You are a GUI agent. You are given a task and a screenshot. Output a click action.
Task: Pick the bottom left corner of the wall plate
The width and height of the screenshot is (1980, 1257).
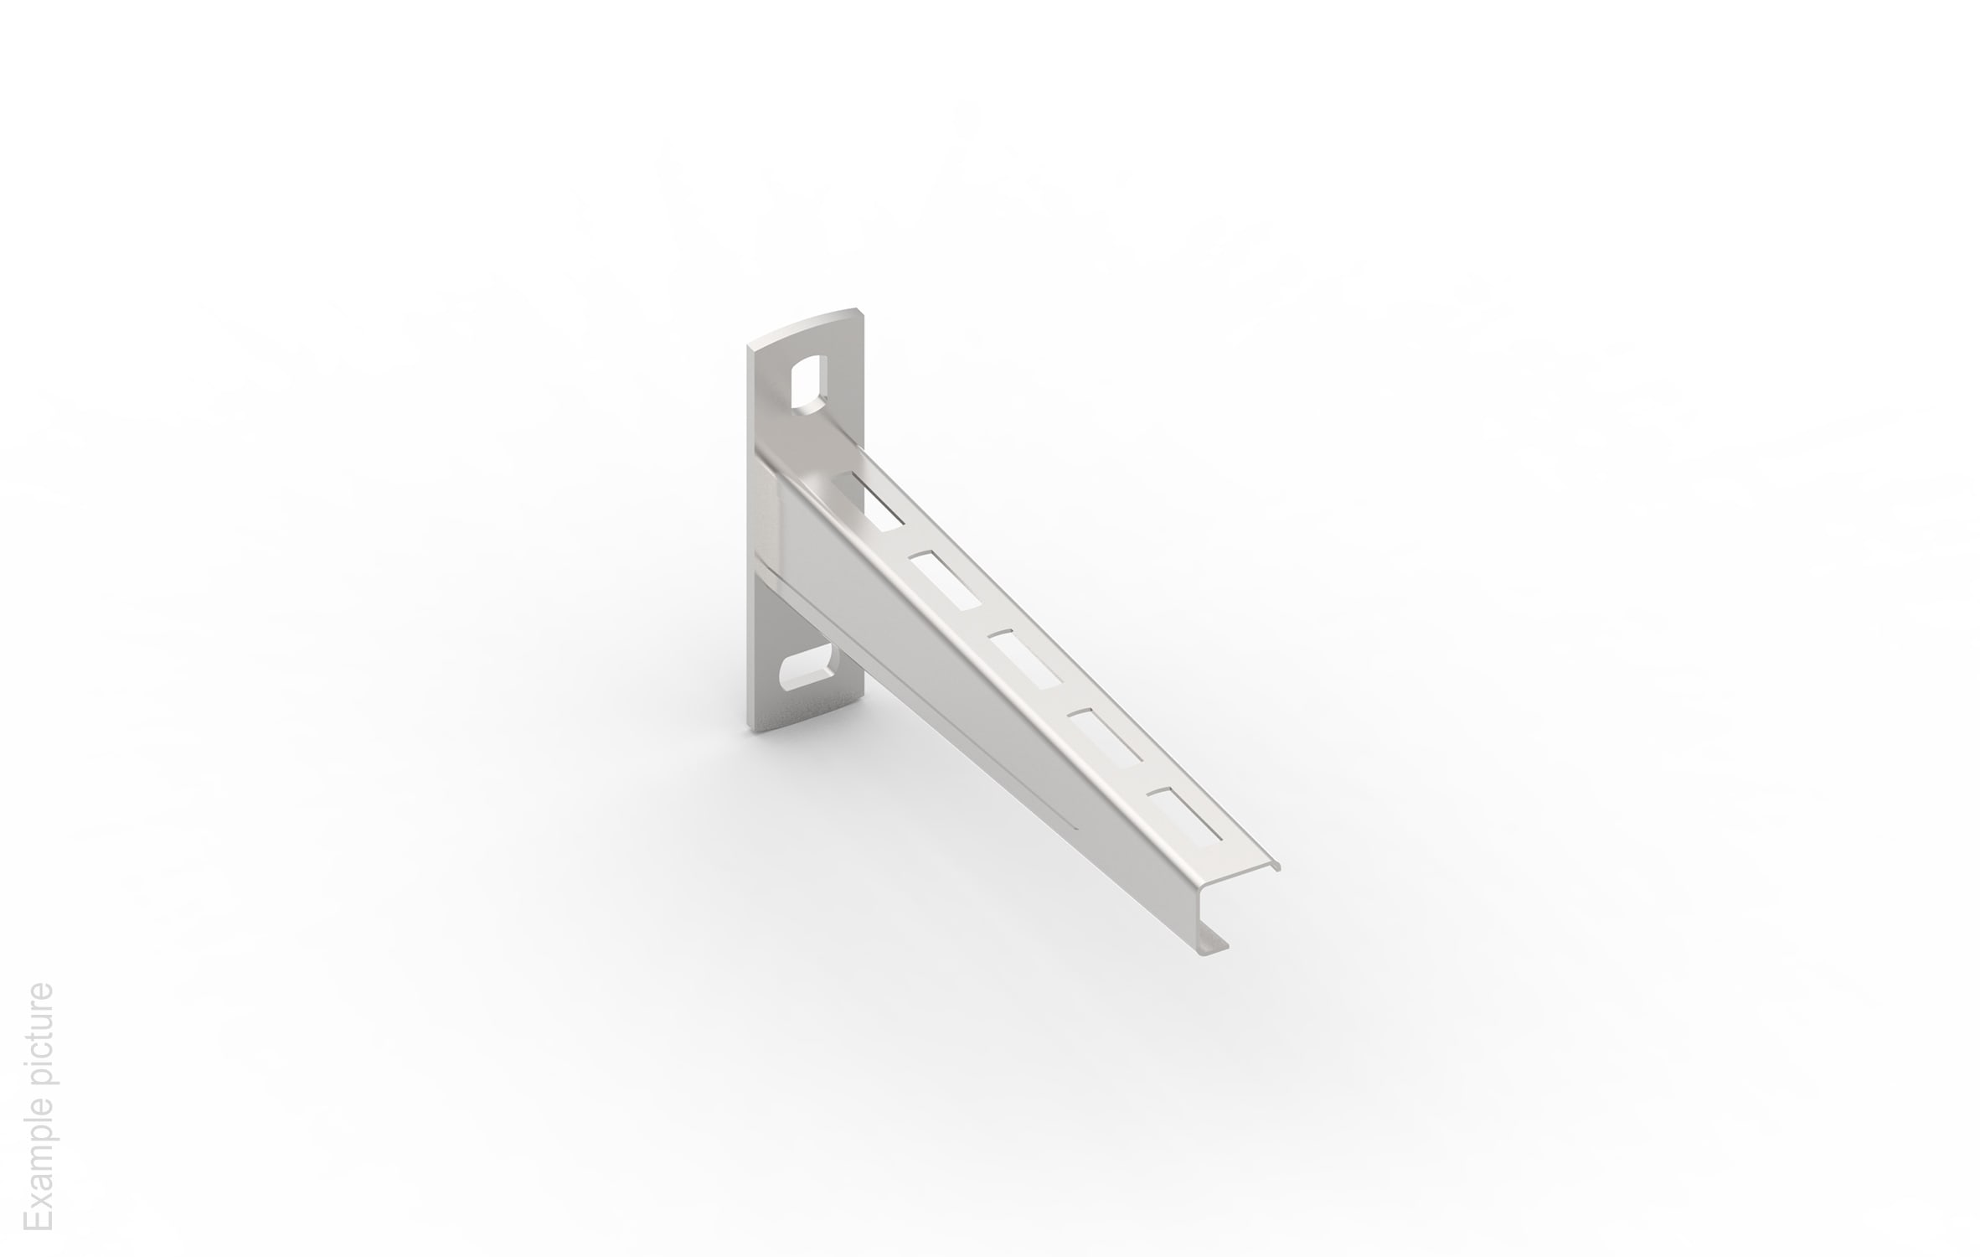pos(749,727)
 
